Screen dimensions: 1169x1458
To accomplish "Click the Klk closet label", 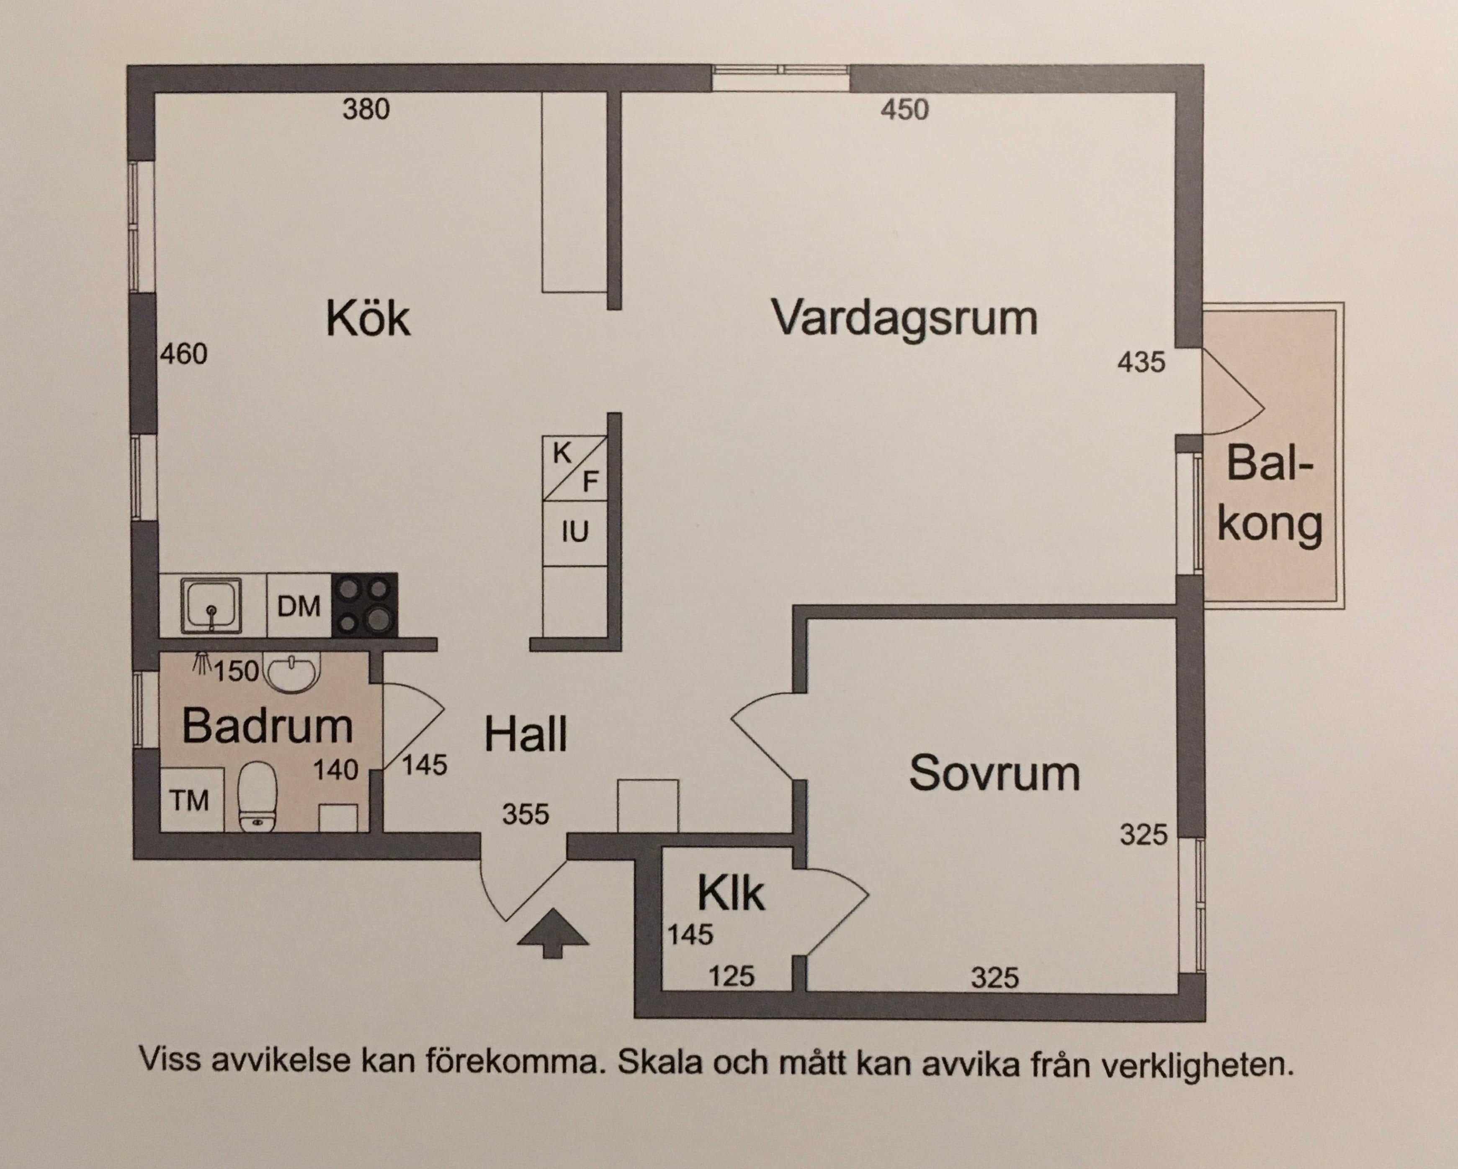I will point(730,894).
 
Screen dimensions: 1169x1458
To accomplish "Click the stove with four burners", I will point(364,605).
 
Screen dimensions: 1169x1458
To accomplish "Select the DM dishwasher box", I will point(298,606).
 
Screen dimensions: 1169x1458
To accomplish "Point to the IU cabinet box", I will point(575,533).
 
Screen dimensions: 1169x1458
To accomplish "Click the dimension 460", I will point(184,354).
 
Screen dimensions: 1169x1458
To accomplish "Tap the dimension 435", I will point(1141,363).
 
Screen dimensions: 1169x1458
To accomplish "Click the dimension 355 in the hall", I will point(525,815).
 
